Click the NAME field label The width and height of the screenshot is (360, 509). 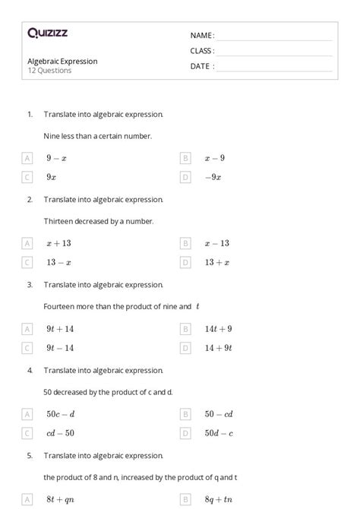point(201,36)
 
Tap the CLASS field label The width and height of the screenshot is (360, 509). point(202,51)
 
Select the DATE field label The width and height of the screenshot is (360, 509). point(201,66)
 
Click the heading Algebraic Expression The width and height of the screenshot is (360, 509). point(62,61)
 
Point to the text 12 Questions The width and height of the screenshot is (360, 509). point(49,71)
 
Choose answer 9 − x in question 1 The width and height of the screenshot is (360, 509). point(56,158)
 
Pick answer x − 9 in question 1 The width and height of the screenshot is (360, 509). point(214,158)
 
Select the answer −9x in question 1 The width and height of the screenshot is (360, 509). point(213,177)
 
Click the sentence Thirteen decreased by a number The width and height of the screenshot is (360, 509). point(99,221)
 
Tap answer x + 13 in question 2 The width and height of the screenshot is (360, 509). point(58,243)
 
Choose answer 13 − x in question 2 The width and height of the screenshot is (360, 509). point(58,262)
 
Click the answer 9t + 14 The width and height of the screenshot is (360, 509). point(60,329)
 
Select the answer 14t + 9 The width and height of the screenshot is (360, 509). point(218,329)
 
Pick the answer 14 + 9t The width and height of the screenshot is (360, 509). point(218,348)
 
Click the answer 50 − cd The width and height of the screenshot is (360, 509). point(218,414)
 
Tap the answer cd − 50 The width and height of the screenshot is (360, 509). point(60,433)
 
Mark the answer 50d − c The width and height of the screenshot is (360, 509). point(218,433)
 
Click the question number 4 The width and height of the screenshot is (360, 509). point(30,370)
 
